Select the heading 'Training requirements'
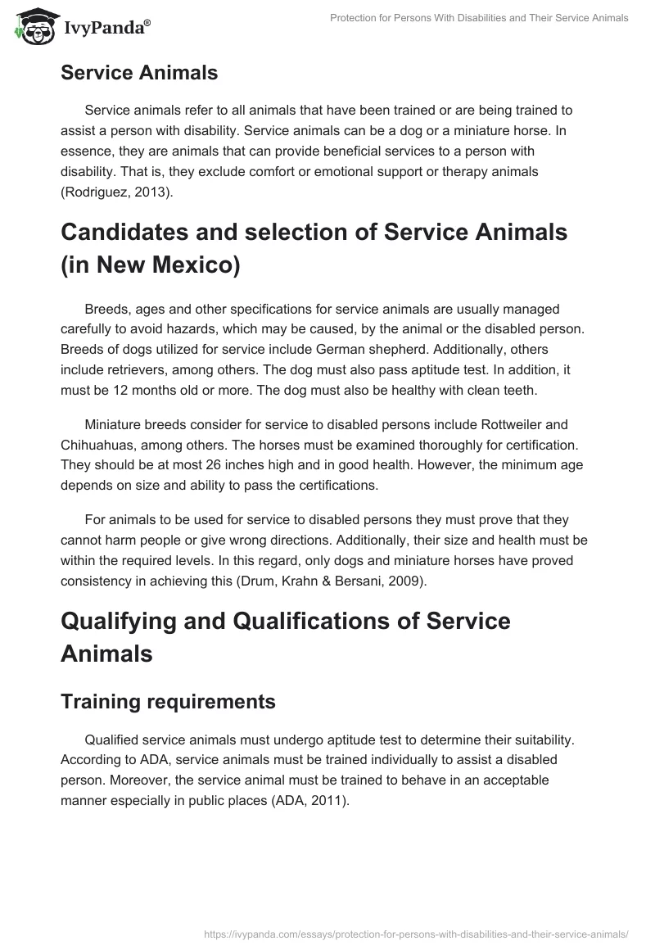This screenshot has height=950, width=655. [x=168, y=702]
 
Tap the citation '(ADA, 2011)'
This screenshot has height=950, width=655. [x=310, y=802]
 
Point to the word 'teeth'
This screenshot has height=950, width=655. [x=517, y=391]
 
